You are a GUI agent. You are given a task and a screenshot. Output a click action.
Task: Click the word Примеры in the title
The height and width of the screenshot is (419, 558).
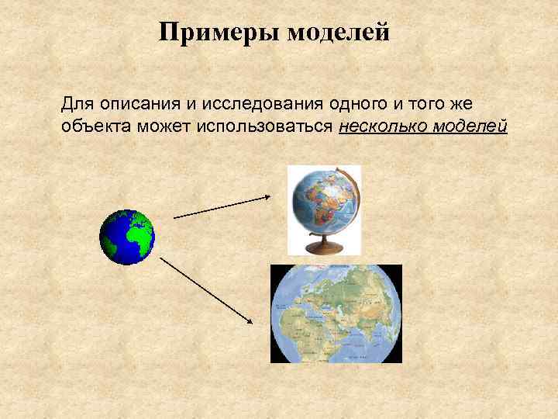pos(219,33)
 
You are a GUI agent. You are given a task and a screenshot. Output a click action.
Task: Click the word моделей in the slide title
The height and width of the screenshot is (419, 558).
pos(338,33)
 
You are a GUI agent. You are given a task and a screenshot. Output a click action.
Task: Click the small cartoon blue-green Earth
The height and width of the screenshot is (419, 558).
pos(127,237)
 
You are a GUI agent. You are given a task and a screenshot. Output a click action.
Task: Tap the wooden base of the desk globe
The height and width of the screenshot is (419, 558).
pos(324,248)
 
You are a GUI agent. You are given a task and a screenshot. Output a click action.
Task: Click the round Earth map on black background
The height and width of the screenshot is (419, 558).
pos(336,313)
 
